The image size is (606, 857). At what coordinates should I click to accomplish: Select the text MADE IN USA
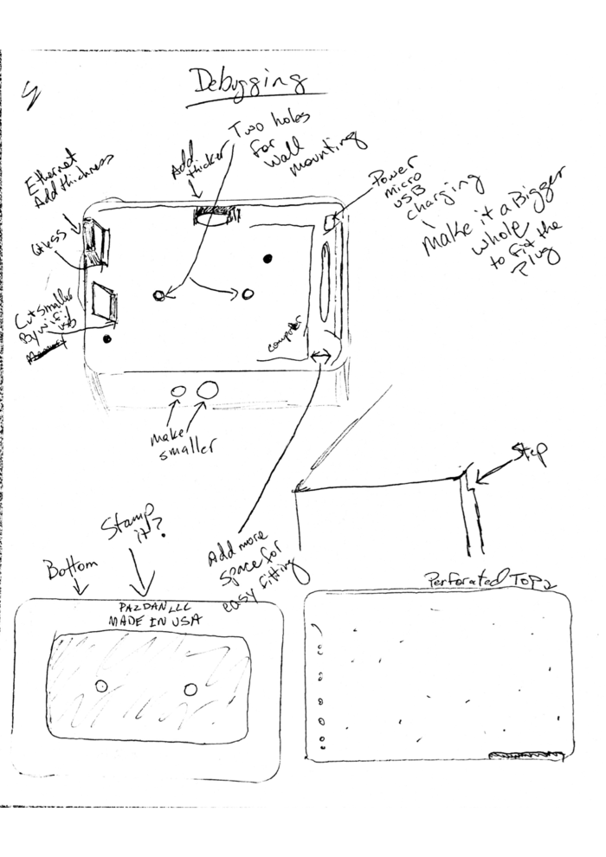(x=153, y=621)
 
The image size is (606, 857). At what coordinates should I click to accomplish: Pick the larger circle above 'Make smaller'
(x=207, y=391)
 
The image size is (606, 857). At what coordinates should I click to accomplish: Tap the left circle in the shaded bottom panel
(x=101, y=686)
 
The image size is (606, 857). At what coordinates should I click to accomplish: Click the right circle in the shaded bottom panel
(x=190, y=689)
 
